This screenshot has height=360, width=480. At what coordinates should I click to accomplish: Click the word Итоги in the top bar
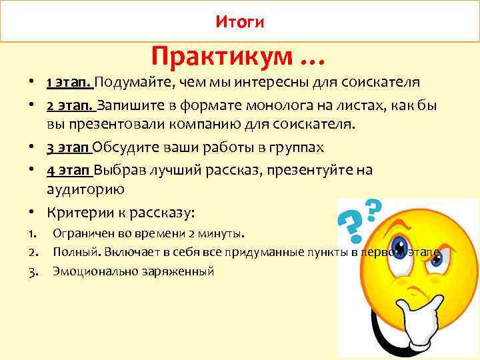click(240, 23)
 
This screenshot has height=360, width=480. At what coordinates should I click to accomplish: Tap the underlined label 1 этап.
click(69, 83)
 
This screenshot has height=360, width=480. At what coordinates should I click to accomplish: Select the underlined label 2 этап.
click(71, 105)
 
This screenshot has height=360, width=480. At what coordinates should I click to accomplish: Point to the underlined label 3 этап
click(69, 148)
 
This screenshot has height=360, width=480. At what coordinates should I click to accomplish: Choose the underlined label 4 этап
click(69, 170)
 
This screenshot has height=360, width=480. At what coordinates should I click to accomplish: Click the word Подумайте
click(131, 83)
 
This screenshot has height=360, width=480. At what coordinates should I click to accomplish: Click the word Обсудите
click(127, 148)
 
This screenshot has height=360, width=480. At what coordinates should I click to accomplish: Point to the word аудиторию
click(85, 190)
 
